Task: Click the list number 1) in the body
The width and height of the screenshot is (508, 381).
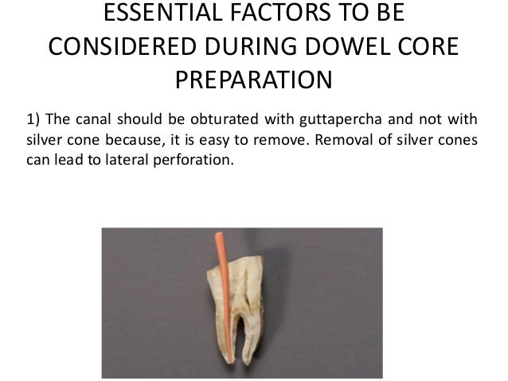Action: (x=33, y=120)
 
